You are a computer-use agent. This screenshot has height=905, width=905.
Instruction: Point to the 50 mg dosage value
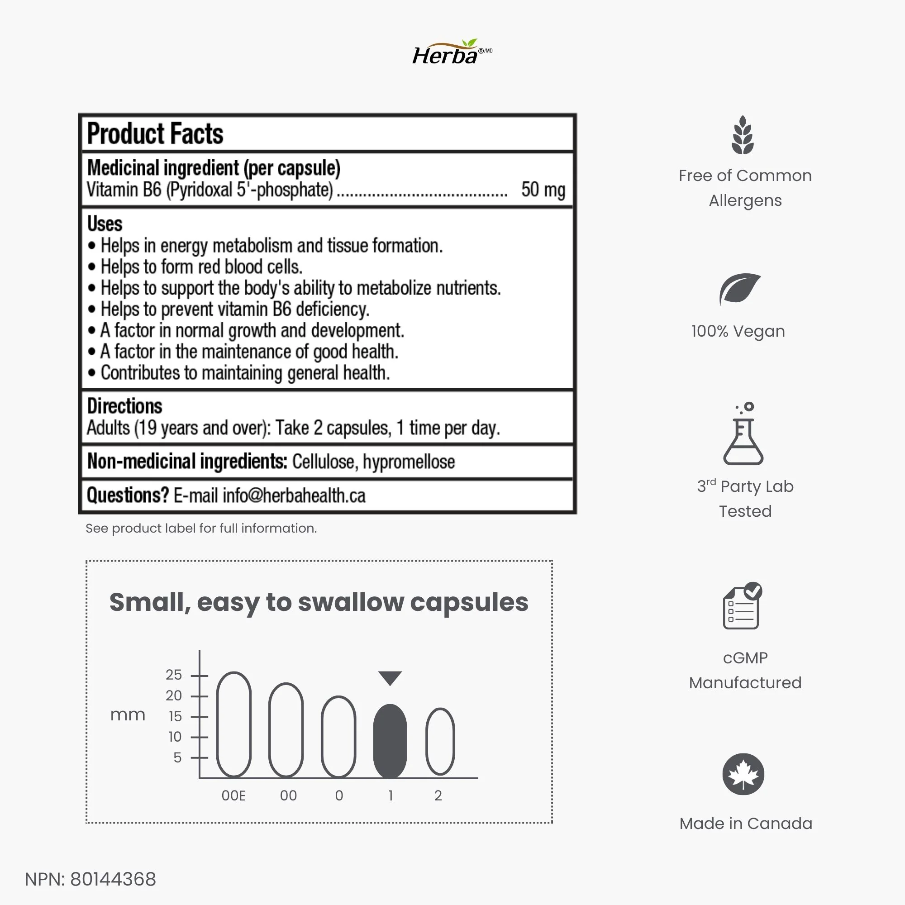543,190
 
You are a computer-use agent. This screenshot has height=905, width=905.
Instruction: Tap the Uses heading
105,224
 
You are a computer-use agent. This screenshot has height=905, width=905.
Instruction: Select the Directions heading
124,405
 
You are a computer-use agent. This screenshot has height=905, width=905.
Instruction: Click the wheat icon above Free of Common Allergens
743,135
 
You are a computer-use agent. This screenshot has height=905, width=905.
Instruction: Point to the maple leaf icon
743,774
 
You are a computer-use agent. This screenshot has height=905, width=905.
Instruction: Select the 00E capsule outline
234,724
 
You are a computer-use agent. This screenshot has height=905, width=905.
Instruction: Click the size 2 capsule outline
440,741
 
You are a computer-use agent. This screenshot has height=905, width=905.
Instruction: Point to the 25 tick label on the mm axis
173,675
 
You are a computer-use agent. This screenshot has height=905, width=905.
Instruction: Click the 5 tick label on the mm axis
177,757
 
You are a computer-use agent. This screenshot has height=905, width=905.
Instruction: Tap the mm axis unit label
128,715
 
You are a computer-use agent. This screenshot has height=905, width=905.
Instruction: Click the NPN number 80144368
113,879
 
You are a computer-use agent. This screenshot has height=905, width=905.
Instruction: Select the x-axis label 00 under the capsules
288,795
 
